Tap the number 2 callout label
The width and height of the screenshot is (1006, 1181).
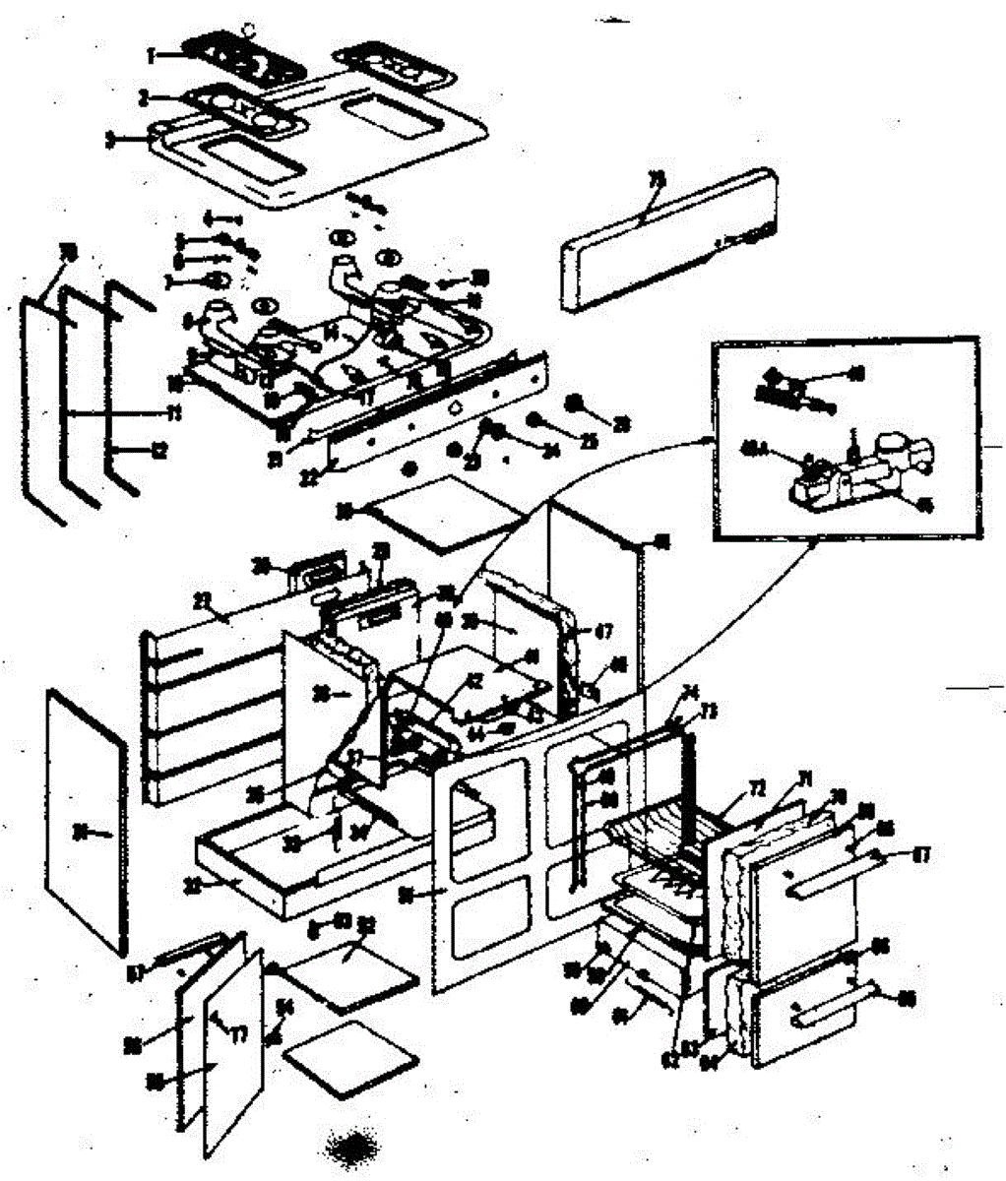coord(144,97)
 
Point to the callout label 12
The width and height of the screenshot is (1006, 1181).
coord(157,452)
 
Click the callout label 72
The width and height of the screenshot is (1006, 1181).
coord(756,787)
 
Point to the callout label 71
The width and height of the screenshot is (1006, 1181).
coord(805,777)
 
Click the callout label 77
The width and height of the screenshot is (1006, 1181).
coord(239,1033)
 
